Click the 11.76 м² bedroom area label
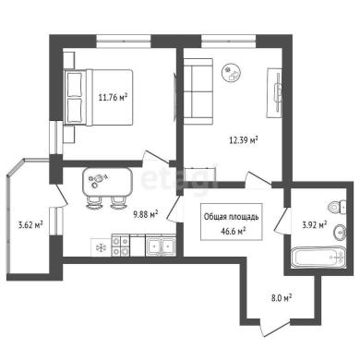pos(113,98)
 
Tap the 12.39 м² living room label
pos(244,140)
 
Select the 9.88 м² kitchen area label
pos(146,214)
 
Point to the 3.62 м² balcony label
pos(30,225)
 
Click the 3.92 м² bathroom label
pos(315,225)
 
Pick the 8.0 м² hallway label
pos(282,298)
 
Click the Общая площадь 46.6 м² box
pos(232,222)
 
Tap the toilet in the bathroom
pos(337,208)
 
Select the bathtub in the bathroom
pos(318,258)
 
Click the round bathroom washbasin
pos(340,234)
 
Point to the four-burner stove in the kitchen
pos(120,246)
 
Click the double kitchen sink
pos(161,246)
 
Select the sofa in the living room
pos(198,91)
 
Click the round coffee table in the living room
pos(231,73)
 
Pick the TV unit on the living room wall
pos(274,92)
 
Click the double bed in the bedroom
pos(99,98)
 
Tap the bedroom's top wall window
pos(124,42)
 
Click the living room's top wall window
pos(229,42)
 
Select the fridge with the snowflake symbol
pos(101,247)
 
